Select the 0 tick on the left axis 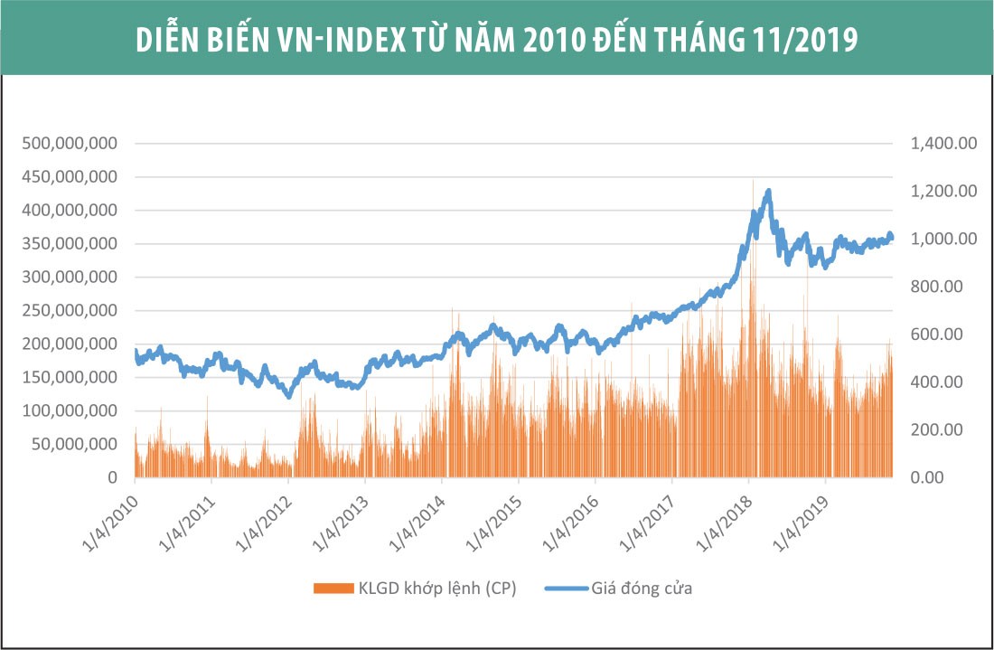click(113, 477)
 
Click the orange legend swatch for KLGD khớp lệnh click(332, 589)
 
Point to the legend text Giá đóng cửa click(642, 589)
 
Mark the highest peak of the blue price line click(769, 191)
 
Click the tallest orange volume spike click(753, 181)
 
